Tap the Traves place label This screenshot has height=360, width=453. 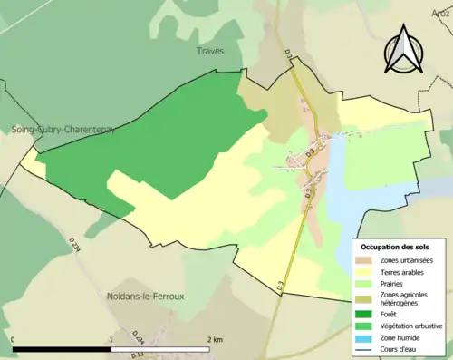210,52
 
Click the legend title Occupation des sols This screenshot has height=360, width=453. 395,247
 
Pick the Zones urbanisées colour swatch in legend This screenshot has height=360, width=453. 366,259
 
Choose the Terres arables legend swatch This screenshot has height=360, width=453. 366,271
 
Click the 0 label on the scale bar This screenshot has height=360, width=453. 14,339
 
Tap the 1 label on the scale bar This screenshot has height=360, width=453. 111,339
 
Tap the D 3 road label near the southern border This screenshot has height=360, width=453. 282,287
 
